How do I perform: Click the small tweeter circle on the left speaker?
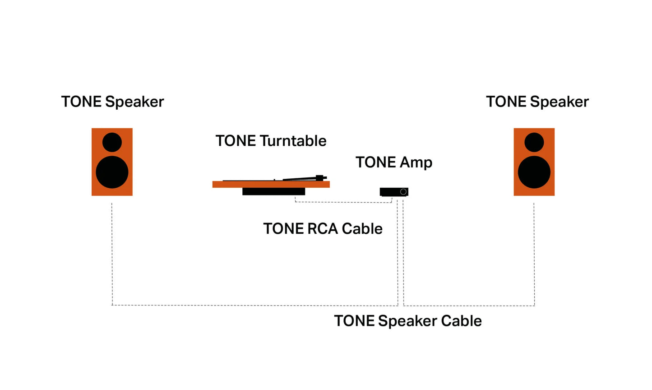click(112, 142)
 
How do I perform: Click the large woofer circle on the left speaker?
click(112, 172)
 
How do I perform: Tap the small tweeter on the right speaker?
click(534, 142)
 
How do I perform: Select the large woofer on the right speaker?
click(534, 172)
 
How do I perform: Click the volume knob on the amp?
click(403, 192)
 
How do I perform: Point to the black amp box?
click(390, 192)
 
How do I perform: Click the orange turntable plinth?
click(271, 184)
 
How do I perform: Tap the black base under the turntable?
click(273, 191)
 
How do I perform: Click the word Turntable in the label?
click(293, 141)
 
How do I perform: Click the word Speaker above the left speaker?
click(134, 102)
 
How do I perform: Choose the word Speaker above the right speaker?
click(560, 102)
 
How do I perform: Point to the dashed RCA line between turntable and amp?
click(343, 202)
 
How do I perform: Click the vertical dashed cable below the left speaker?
click(112, 253)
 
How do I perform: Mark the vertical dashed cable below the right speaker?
click(534, 253)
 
